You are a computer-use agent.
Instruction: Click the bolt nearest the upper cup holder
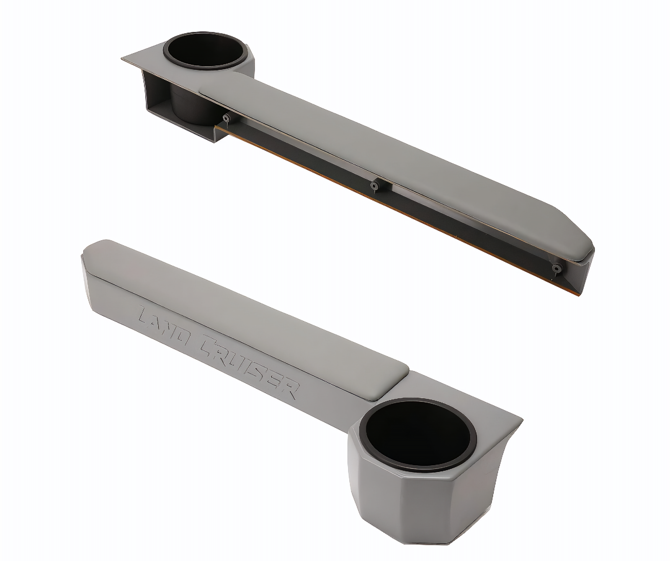point(226,118)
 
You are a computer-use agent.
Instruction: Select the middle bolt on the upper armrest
point(375,184)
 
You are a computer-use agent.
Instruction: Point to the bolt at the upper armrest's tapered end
point(556,268)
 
